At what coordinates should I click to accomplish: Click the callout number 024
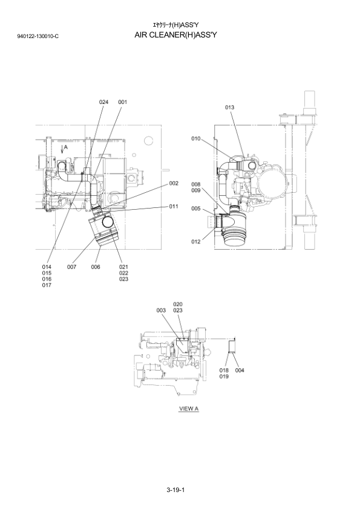click(103, 102)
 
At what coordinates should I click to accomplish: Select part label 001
click(122, 102)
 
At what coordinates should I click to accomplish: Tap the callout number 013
click(229, 108)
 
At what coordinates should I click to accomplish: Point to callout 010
click(195, 139)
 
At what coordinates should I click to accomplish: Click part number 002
click(174, 183)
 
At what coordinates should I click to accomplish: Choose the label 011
click(174, 207)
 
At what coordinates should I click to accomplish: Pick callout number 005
click(195, 209)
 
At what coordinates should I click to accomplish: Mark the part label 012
click(195, 242)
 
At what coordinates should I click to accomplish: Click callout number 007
click(71, 267)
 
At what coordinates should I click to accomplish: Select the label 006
click(96, 267)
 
